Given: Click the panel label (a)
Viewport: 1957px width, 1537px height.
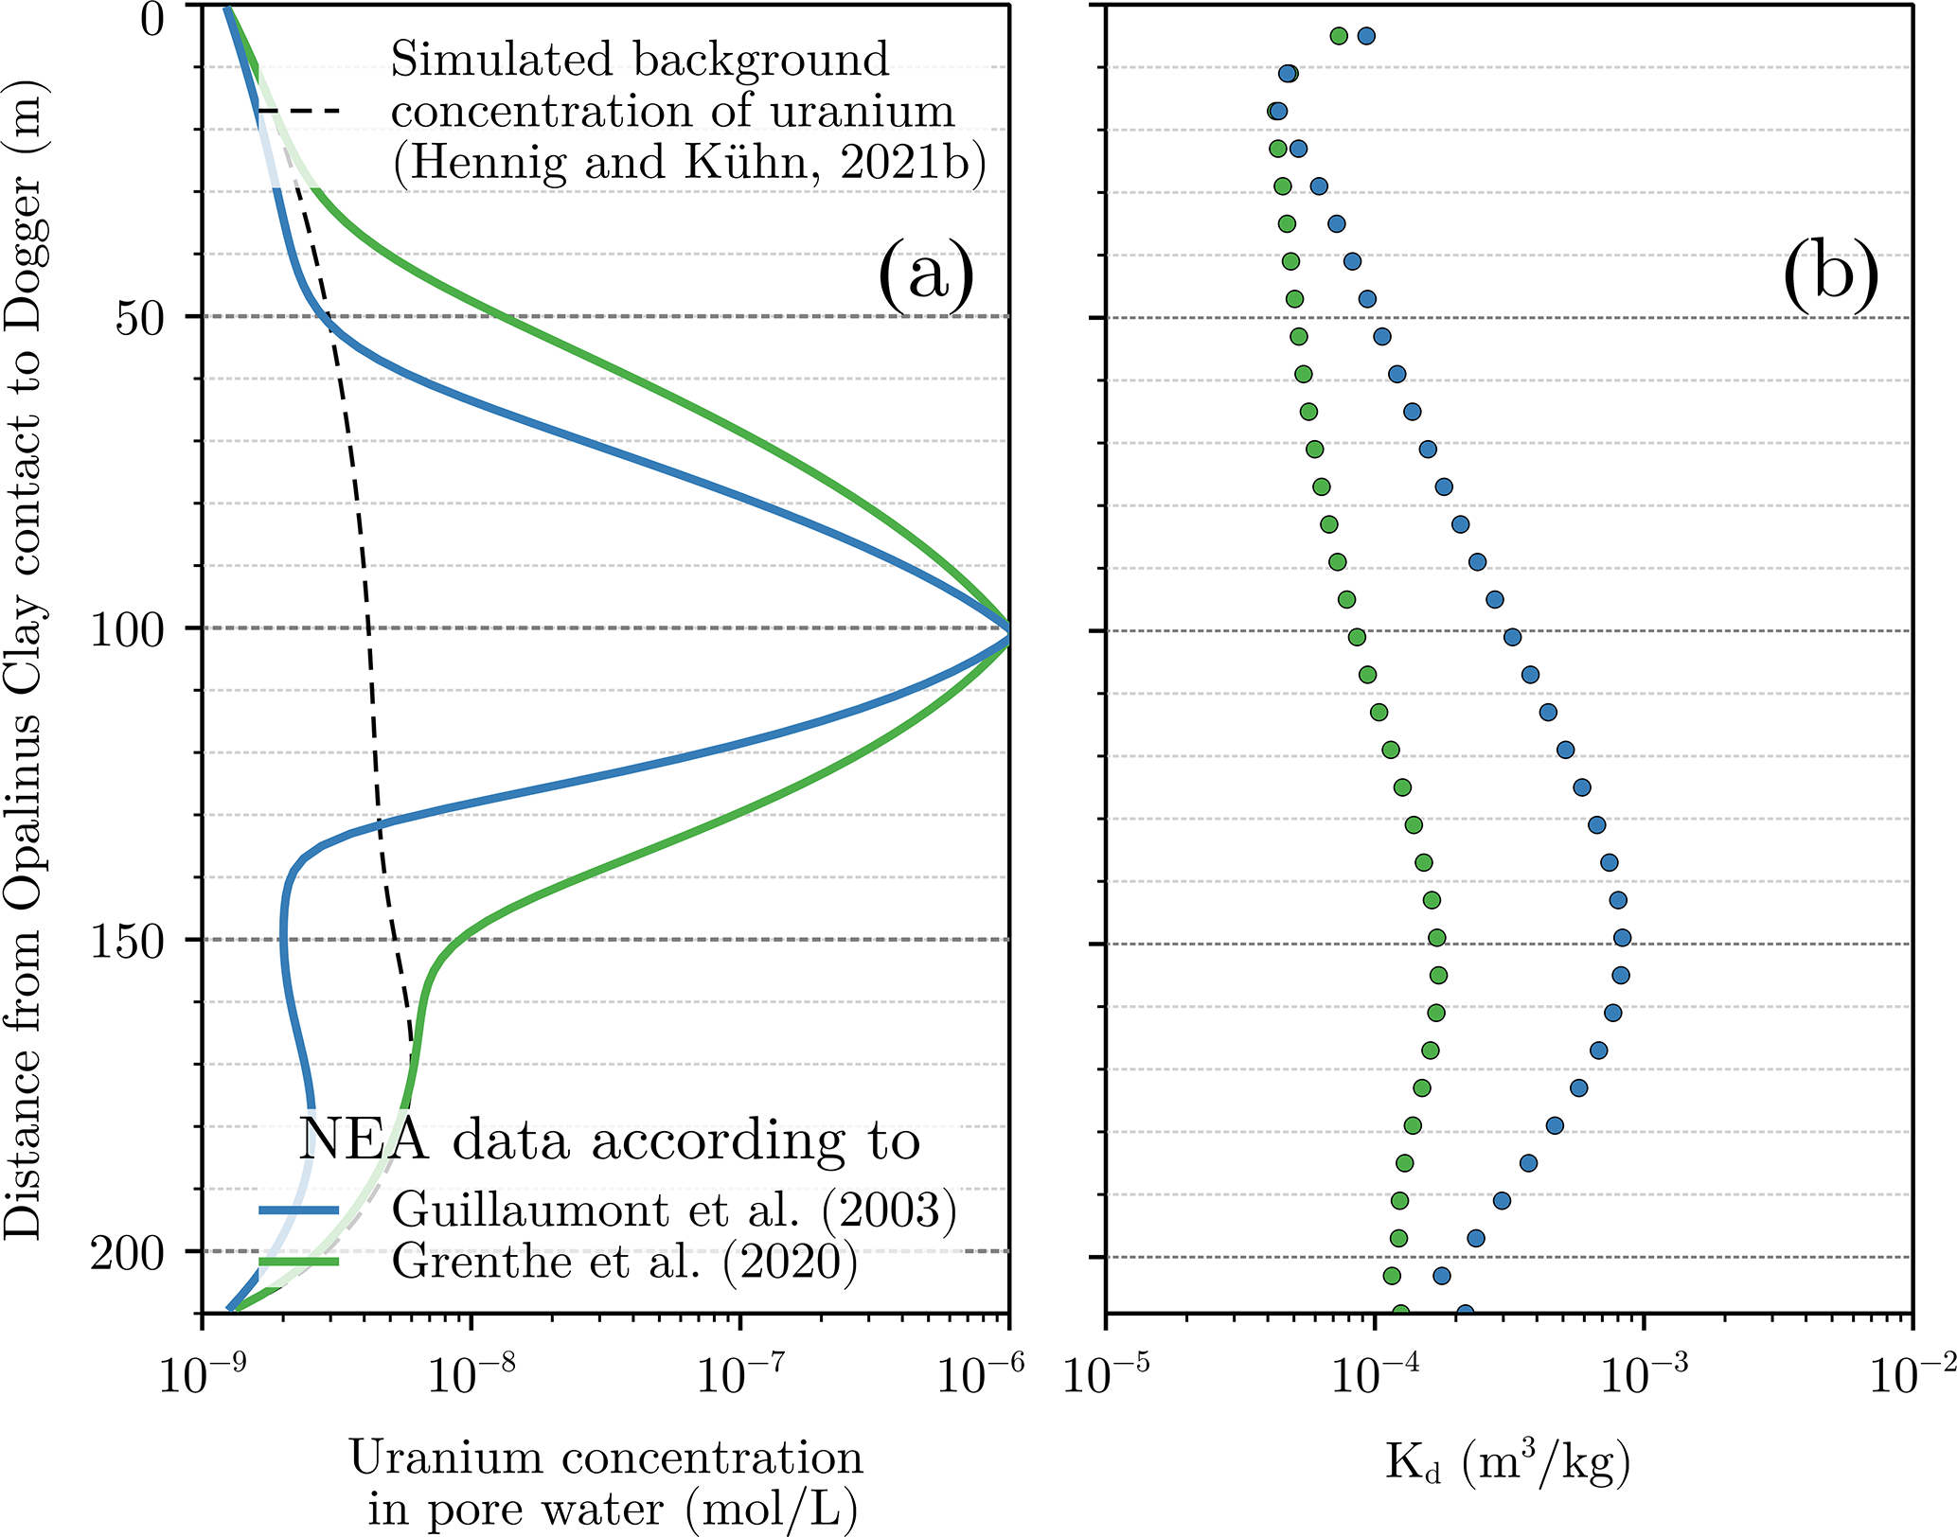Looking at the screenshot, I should coord(926,274).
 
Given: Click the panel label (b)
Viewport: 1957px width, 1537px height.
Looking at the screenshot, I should coord(1830,274).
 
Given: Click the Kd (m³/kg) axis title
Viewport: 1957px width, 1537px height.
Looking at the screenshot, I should coord(1508,1462).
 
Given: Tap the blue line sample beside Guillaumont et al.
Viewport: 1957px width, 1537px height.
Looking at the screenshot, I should coord(299,1210).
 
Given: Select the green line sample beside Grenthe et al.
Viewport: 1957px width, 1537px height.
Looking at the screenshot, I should coord(299,1261).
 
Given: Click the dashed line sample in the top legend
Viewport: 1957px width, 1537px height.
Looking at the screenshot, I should coord(299,112).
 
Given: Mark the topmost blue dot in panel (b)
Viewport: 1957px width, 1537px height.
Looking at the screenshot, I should coord(1366,36).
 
